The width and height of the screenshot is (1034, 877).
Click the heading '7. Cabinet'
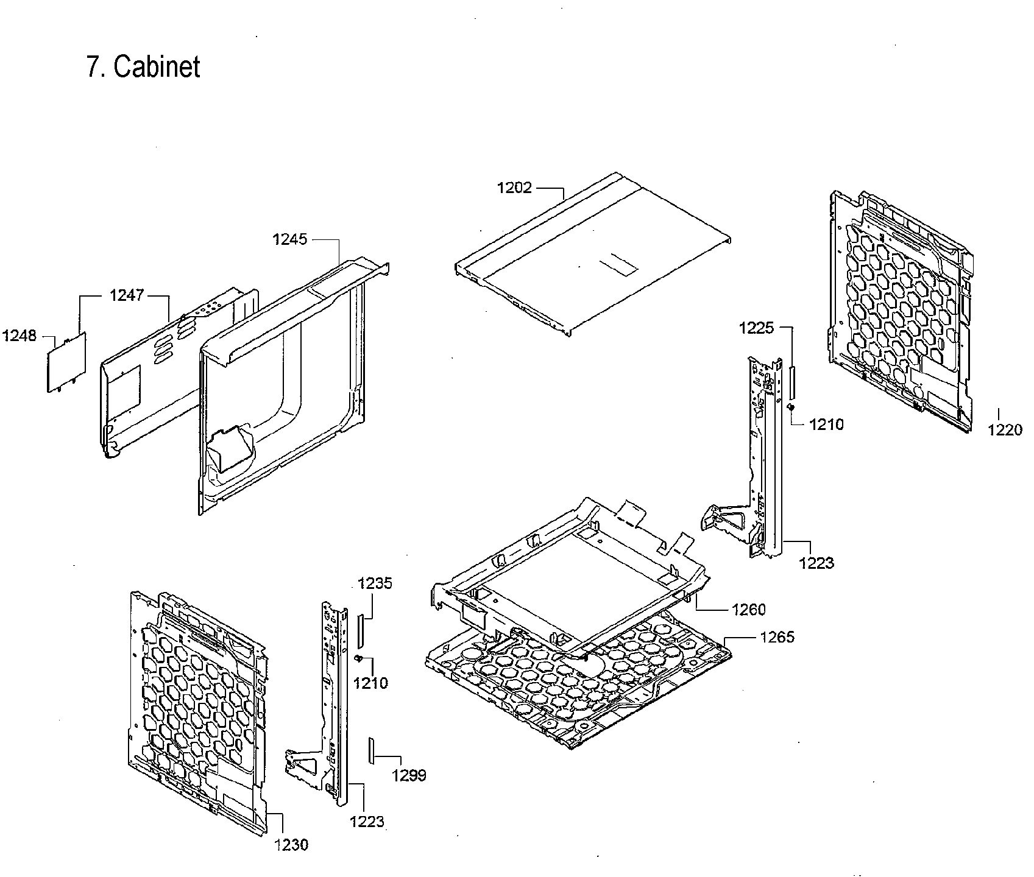143,67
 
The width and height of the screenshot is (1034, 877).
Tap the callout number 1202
514,188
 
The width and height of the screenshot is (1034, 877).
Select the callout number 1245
289,239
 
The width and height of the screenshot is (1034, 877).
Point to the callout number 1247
127,295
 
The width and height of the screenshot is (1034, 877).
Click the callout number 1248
19,336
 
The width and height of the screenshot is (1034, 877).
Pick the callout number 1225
756,328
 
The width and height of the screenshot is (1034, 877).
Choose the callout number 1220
1005,430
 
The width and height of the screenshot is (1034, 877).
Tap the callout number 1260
748,609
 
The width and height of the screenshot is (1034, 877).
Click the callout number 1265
777,638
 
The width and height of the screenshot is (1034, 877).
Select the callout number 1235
375,583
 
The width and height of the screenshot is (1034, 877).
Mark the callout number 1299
409,775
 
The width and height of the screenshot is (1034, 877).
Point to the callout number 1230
291,845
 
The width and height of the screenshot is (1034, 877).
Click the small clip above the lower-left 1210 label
359,658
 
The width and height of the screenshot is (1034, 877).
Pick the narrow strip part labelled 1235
360,631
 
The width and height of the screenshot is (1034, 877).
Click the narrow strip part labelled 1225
792,381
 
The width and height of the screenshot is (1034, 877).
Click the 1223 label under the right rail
816,563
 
